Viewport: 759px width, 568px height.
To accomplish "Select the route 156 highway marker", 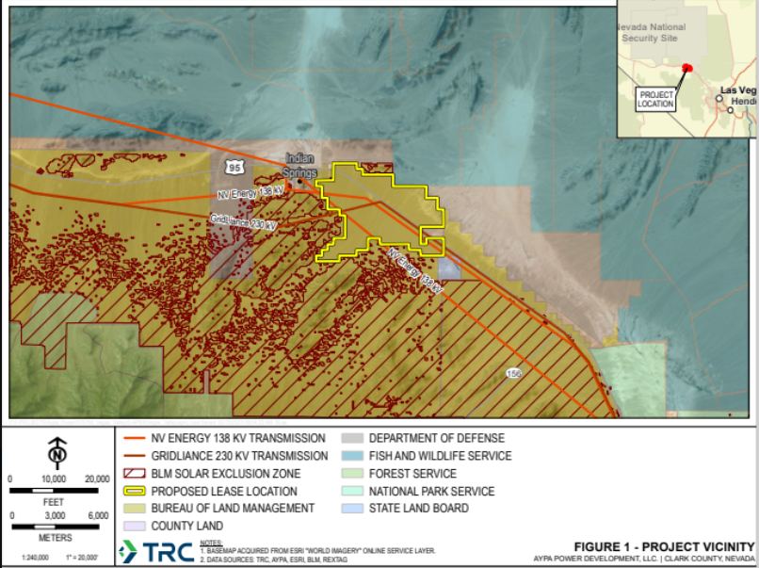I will (x=513, y=374).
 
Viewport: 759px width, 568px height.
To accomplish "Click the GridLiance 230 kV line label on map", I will (x=244, y=222).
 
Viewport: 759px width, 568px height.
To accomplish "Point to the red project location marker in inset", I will (x=686, y=68).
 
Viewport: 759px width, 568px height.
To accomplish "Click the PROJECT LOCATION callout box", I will (x=655, y=99).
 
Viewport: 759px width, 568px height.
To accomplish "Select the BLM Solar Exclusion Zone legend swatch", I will (x=137, y=473).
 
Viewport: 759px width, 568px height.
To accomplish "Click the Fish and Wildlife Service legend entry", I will (x=440, y=456).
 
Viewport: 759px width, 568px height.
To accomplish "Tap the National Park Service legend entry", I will (x=431, y=491).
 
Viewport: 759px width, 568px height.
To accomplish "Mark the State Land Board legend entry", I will (x=418, y=509).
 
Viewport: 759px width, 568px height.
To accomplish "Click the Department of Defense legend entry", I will (x=436, y=438).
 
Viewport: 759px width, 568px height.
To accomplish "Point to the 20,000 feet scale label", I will (x=97, y=479).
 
